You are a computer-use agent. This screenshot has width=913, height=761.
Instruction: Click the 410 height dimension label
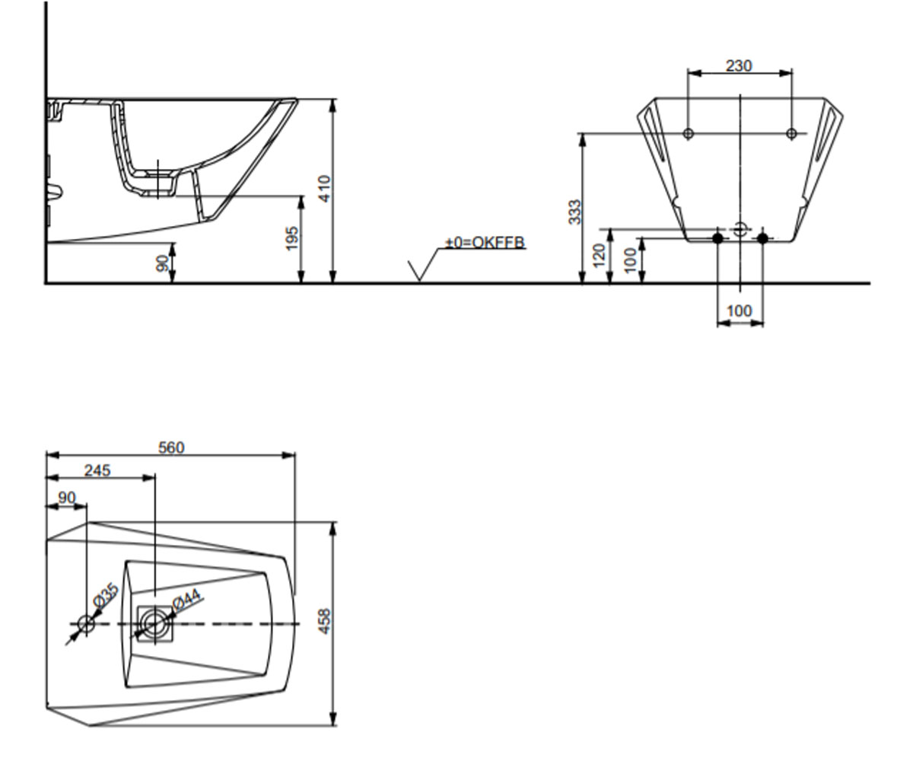(324, 189)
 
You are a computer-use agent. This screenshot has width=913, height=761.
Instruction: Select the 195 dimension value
(292, 238)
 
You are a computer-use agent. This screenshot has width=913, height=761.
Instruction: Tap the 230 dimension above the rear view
(739, 66)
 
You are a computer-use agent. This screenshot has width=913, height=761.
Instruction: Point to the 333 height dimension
(574, 212)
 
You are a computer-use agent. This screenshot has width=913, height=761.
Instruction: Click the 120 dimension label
(599, 256)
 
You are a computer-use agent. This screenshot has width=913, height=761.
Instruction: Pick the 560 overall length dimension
(171, 447)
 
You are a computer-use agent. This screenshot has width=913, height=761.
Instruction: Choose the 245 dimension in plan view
(97, 470)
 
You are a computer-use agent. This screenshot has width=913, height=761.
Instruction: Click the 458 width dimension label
(324, 621)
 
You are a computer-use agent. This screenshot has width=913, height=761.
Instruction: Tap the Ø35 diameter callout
(106, 595)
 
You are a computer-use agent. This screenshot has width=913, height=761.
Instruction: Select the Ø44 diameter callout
(186, 600)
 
